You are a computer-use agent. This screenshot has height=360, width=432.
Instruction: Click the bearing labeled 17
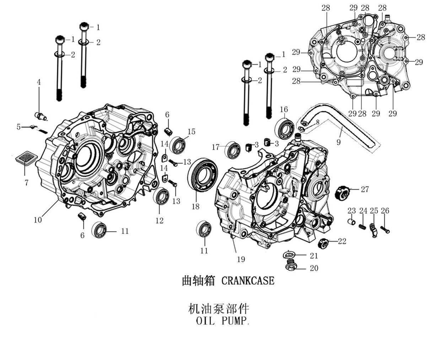(233, 149)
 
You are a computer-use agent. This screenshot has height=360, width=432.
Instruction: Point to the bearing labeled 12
(162, 197)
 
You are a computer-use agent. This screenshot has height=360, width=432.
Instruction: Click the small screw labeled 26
(385, 229)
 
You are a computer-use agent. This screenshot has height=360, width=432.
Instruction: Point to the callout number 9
(339, 142)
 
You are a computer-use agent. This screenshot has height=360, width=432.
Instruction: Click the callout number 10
(38, 220)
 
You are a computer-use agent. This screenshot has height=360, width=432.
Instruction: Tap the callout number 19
(241, 260)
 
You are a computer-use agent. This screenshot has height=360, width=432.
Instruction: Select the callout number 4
(39, 82)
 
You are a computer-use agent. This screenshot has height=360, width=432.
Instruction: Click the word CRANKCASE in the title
(248, 281)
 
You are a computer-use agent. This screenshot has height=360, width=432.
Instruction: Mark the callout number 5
(18, 126)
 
